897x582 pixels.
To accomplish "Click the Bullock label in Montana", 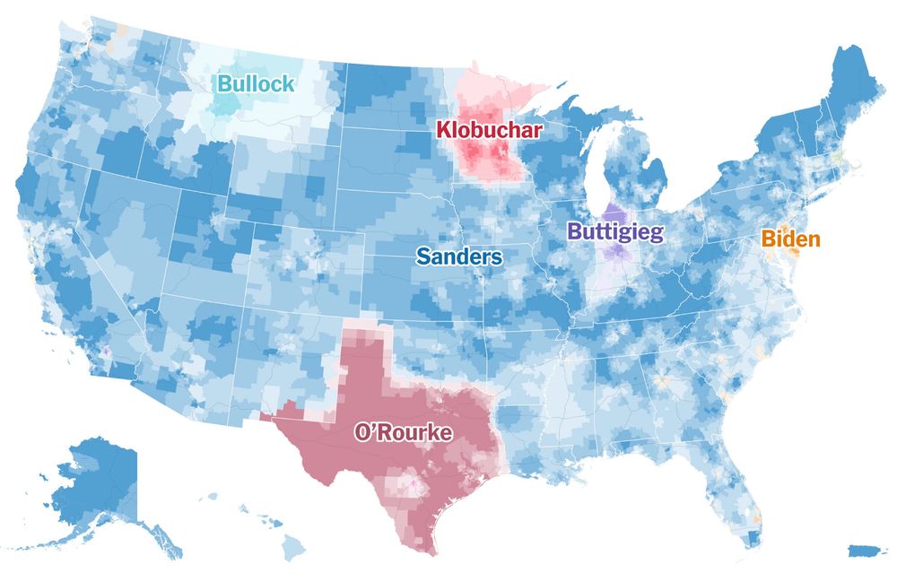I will [x=256, y=85].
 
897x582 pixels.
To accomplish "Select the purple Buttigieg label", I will [x=615, y=232].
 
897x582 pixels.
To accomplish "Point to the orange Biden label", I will [x=790, y=239].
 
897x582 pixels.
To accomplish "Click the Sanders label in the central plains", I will [x=459, y=257].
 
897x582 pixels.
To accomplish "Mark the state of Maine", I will [x=848, y=85].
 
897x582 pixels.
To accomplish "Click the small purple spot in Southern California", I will [x=105, y=352].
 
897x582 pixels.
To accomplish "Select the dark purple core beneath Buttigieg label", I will [x=615, y=248].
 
